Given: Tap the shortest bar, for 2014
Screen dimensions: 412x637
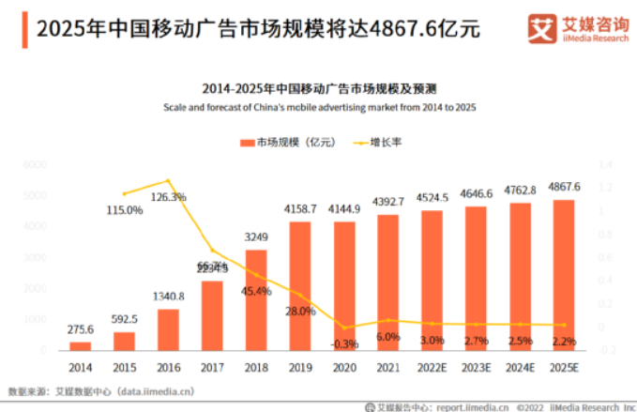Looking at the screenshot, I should (x=81, y=344).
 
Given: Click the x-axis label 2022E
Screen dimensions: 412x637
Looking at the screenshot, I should (x=432, y=368).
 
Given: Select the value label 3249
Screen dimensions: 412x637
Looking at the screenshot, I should (x=256, y=237).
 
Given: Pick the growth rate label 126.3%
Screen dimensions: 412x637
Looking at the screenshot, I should (x=169, y=197).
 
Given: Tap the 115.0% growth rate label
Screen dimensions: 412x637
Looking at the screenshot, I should (x=125, y=209).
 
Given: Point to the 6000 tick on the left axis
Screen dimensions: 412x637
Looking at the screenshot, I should (x=35, y=164).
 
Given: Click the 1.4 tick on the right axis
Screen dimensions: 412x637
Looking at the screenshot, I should (x=604, y=164).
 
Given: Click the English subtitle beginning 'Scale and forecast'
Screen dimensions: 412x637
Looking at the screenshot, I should (x=319, y=108).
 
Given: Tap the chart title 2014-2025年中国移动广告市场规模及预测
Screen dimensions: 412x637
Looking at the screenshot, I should (x=319, y=89).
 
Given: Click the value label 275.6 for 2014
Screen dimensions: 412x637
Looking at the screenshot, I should (x=81, y=329).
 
